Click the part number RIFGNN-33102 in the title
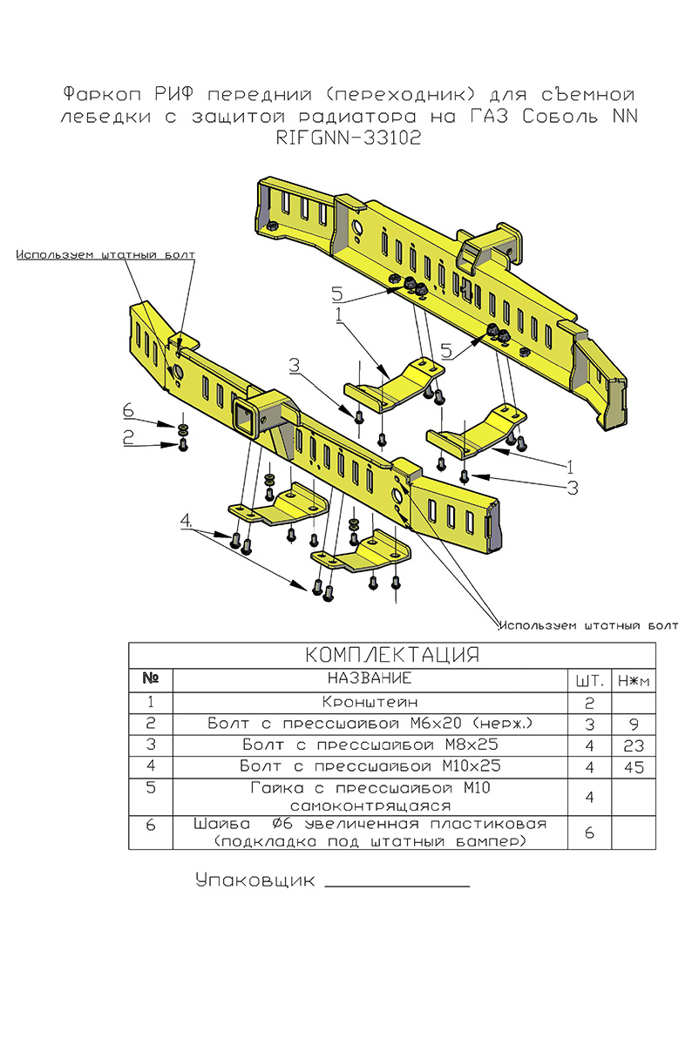click(349, 138)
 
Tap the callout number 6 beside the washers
click(128, 410)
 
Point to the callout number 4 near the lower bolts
click(186, 522)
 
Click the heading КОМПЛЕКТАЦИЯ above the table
click(392, 655)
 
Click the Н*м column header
click(633, 679)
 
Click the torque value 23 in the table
click(633, 746)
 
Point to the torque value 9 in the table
click(633, 724)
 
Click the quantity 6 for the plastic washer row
click(588, 833)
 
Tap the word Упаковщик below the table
click(254, 880)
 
